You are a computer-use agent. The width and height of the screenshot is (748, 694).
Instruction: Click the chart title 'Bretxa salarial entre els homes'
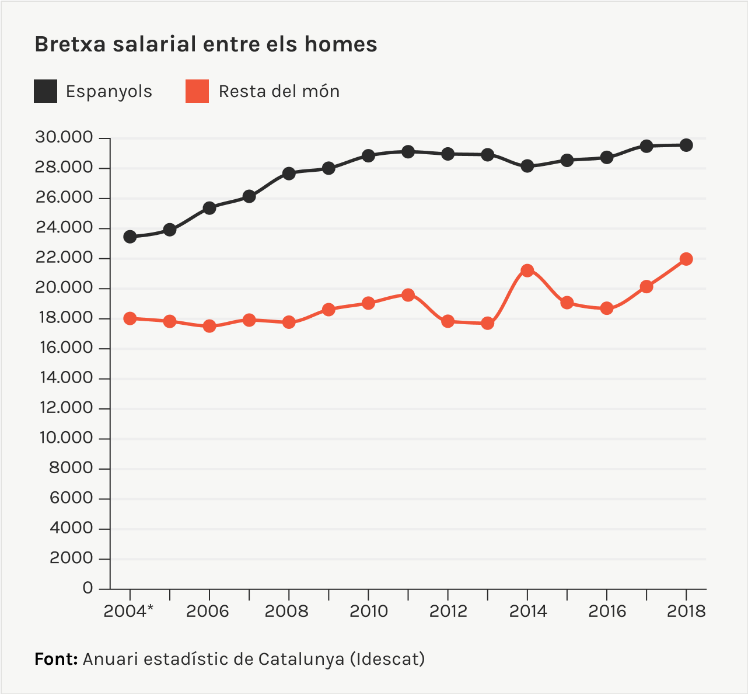(x=206, y=44)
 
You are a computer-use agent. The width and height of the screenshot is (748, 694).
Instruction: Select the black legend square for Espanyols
(x=46, y=91)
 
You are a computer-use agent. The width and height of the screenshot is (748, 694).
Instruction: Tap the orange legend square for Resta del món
(x=197, y=91)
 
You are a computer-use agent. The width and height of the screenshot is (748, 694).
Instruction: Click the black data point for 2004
(x=130, y=237)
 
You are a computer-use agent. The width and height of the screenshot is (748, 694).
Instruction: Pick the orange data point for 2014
(x=527, y=270)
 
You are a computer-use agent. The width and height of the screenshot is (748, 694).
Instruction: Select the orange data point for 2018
(x=686, y=259)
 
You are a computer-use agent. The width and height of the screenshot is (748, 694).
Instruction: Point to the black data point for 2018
(x=686, y=145)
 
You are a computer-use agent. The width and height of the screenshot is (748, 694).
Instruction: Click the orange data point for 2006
(x=209, y=326)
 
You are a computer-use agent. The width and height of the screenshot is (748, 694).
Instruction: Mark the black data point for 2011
(x=408, y=152)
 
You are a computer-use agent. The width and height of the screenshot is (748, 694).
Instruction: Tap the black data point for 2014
(x=527, y=166)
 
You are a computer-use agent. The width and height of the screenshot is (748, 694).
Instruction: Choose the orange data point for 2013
(x=488, y=323)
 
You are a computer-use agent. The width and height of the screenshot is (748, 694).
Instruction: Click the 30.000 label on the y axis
(x=64, y=138)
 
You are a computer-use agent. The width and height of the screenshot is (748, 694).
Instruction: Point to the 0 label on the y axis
(x=88, y=588)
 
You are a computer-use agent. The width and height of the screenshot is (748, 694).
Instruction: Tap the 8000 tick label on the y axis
(x=71, y=468)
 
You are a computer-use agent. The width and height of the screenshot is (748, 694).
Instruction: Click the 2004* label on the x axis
(x=128, y=611)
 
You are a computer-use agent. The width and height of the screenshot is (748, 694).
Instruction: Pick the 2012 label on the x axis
(x=448, y=611)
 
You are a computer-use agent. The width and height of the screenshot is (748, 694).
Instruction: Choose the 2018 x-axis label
(x=686, y=611)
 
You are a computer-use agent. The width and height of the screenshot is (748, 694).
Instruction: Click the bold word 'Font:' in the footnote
(x=56, y=659)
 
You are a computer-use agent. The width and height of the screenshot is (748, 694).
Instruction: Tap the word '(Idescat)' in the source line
(x=387, y=659)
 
